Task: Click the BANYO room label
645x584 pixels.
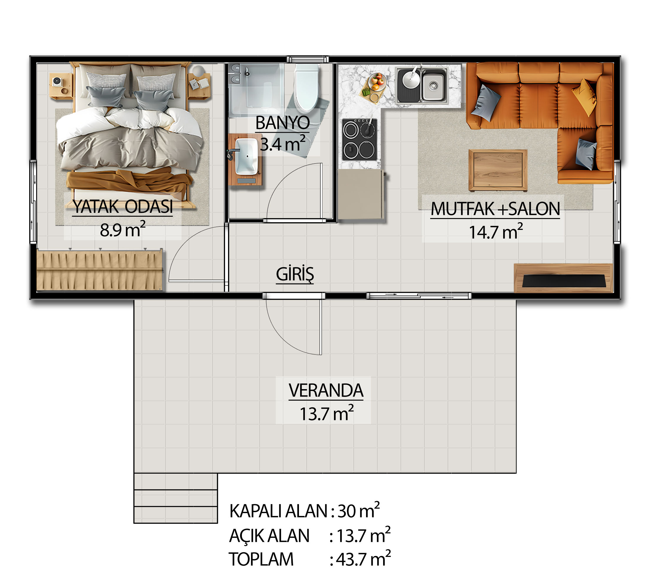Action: (282, 123)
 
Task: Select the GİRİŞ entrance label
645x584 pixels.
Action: (295, 274)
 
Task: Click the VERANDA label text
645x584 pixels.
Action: (326, 390)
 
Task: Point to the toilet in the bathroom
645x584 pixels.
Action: (307, 88)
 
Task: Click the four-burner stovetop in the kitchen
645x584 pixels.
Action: (359, 140)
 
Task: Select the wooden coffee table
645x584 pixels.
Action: (498, 170)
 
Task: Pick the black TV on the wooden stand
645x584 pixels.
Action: (564, 281)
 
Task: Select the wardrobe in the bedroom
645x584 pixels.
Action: (100, 271)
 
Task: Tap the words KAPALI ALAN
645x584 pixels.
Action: (278, 511)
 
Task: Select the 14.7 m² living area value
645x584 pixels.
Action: (496, 232)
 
